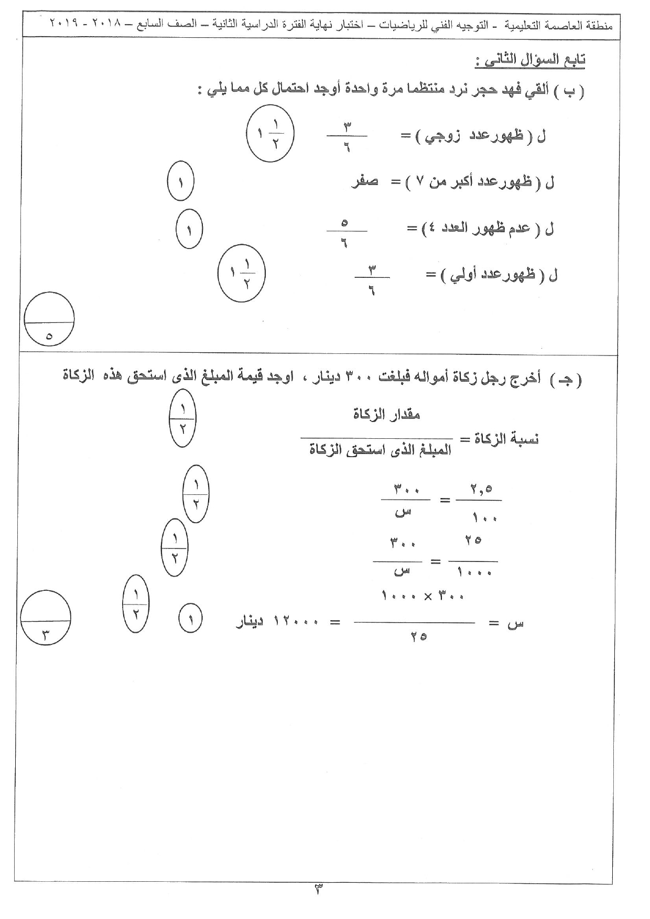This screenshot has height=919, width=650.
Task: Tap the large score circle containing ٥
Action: pos(49,320)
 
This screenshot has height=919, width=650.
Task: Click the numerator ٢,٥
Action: pos(481,489)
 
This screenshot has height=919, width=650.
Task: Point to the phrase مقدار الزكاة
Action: pos(387,415)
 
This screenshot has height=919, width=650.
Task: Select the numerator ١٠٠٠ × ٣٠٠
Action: pos(423,596)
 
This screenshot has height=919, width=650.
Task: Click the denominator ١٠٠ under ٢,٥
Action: pos(484,518)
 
